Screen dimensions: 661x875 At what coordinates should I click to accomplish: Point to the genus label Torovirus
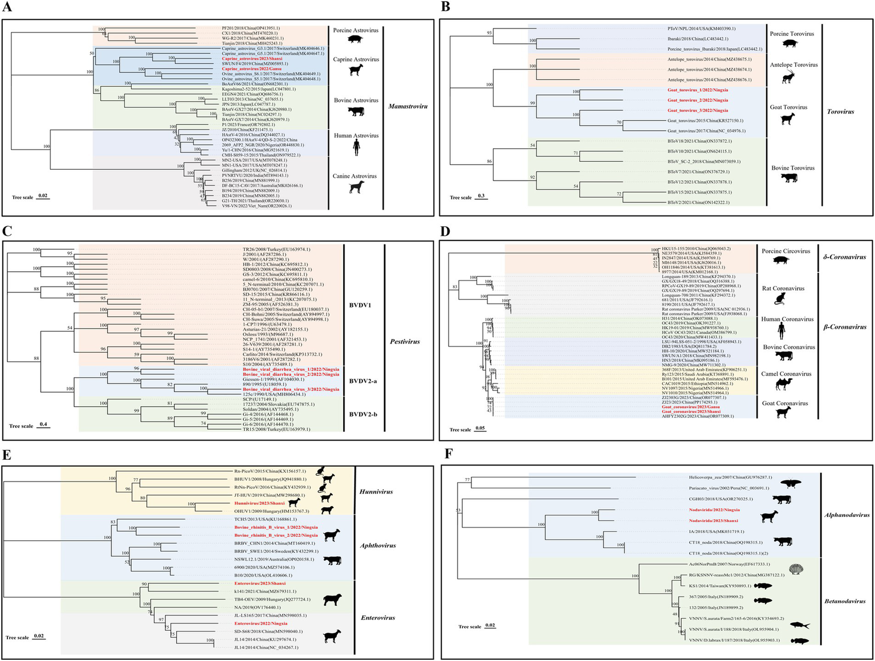840,112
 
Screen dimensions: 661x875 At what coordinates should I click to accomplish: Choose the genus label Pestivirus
404,341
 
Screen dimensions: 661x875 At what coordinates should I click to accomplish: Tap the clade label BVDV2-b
363,414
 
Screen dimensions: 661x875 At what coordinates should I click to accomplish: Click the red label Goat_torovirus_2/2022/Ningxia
697,100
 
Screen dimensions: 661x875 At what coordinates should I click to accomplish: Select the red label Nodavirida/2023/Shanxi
713,520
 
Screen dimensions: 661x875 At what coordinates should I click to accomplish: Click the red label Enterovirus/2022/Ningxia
261,623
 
